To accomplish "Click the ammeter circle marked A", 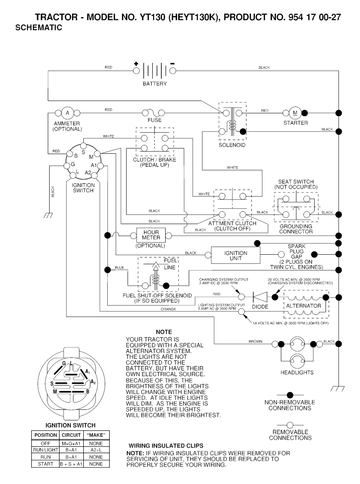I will (67, 113).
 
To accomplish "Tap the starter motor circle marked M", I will (295, 113).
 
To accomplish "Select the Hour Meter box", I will (151, 235).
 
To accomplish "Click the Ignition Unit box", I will (236, 256).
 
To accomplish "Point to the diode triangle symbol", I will (260, 297).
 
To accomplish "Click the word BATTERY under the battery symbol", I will (155, 84).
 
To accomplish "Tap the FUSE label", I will (155, 120).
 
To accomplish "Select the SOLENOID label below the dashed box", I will (232, 145).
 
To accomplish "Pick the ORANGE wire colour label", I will (168, 309).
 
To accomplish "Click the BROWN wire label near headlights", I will (256, 342).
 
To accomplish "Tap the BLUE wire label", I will (120, 268).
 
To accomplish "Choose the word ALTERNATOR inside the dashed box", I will (303, 306).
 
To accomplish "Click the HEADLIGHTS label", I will (297, 372).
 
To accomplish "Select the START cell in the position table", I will (46, 464).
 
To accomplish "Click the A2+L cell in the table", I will (96, 450).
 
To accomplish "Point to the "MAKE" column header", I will (96, 435).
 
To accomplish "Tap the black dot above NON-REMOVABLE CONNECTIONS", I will (290, 395).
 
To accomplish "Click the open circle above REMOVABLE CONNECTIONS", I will (290, 425).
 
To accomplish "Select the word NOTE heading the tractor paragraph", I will (164, 332).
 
